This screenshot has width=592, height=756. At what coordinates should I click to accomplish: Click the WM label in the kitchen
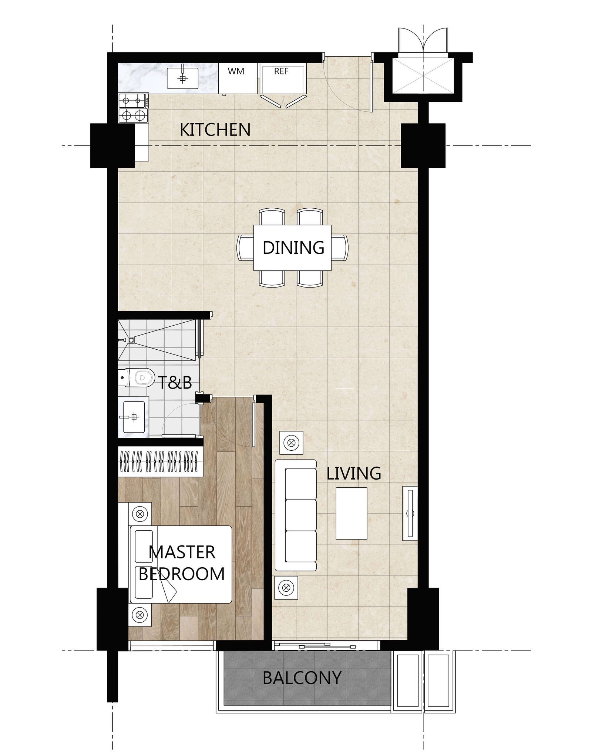point(236,71)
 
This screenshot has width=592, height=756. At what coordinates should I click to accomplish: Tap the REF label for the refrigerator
point(281,71)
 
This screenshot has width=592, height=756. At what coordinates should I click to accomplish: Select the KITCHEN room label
point(215,130)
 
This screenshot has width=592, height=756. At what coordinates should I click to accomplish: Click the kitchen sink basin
point(182,78)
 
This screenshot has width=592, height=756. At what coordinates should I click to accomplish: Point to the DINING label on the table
point(293,248)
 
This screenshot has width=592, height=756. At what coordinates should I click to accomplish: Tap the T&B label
point(175,383)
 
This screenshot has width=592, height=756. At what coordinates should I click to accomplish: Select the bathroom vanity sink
point(134,417)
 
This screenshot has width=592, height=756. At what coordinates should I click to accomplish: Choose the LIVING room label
point(354,473)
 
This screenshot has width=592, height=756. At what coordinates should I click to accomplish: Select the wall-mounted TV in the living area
point(410,513)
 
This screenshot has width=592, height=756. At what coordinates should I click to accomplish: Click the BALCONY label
point(302,678)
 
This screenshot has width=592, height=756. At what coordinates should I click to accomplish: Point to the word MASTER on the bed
point(182,552)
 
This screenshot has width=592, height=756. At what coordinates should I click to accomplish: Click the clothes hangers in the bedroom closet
point(160,462)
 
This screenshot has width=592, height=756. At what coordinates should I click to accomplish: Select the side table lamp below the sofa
point(286,587)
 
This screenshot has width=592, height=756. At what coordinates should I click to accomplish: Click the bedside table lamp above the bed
point(140,514)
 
